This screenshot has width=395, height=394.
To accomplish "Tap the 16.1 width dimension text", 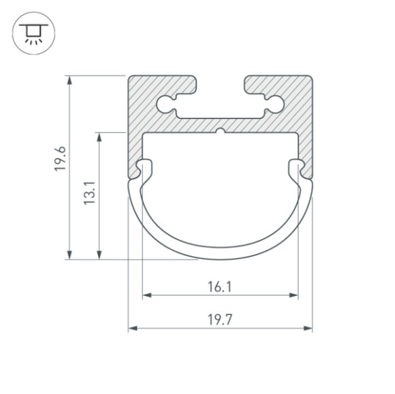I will (220, 287).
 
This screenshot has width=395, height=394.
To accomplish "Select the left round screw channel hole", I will (165, 104).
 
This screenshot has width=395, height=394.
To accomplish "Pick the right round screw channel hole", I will (275, 104).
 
